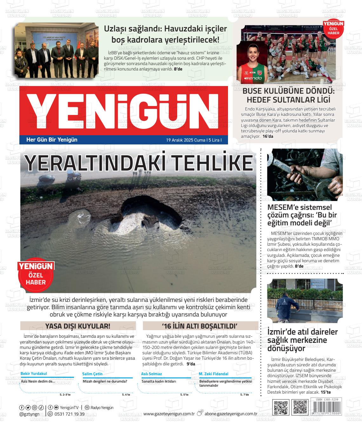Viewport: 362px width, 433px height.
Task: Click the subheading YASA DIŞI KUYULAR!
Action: click(78, 326)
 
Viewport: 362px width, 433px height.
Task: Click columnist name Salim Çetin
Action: click(92, 374)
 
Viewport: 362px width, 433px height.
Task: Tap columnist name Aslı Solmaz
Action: click(151, 374)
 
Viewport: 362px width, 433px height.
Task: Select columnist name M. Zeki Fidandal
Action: click(213, 374)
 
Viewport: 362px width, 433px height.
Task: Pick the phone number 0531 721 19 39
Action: click(70, 414)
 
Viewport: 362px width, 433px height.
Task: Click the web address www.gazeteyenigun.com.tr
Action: click(169, 414)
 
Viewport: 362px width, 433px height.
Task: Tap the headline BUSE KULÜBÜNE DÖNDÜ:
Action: click(288, 91)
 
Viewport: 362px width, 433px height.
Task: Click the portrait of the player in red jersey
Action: click(256, 63)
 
